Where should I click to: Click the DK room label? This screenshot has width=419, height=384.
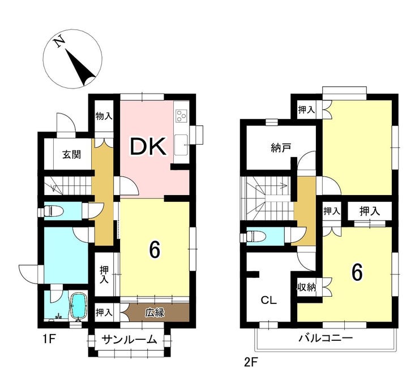(148, 146)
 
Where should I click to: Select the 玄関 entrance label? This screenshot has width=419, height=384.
(71, 154)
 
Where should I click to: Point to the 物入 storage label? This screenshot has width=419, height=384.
(104, 116)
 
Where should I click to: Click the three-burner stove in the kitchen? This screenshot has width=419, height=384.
(181, 116)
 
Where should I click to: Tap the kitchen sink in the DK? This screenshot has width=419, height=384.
(181, 145)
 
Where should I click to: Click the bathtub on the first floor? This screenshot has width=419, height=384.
(78, 307)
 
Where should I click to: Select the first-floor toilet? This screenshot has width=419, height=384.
(53, 212)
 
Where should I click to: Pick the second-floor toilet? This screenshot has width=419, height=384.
(256, 237)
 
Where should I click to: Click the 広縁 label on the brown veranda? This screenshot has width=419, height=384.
(155, 313)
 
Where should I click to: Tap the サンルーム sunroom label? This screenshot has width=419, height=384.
(129, 340)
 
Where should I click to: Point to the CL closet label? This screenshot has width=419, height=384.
(269, 300)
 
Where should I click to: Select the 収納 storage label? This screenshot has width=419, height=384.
(307, 287)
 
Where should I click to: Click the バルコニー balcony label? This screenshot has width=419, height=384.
(326, 338)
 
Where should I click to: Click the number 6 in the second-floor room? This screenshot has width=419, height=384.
(357, 273)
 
